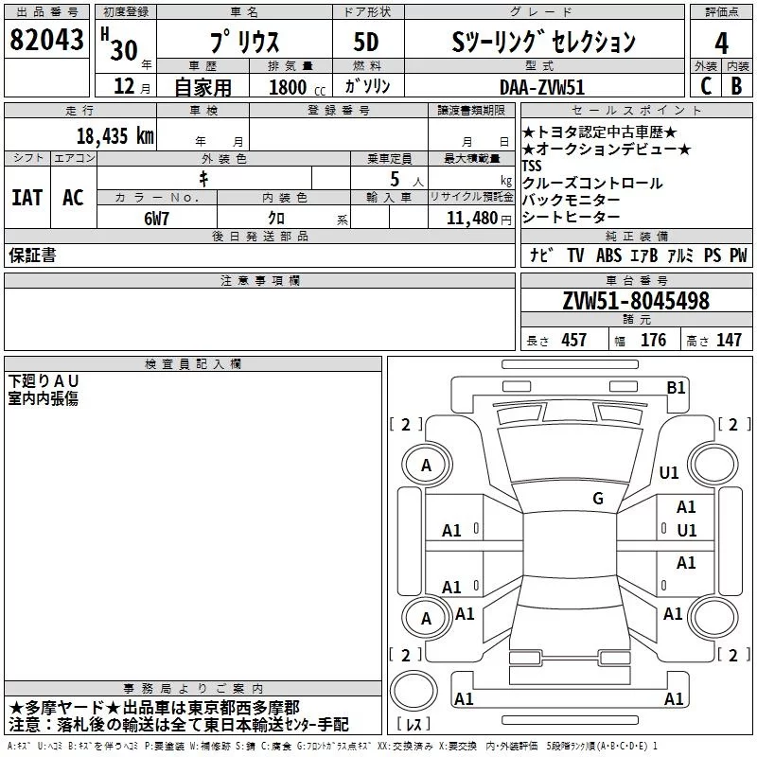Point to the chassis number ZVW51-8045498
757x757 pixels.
pos(636,302)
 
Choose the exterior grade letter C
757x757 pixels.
pos(705,86)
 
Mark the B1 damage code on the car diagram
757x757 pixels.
pos(676,386)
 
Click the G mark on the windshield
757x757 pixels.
pos(598,499)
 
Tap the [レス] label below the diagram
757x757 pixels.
pos(414,726)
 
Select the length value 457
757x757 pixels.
pos(574,340)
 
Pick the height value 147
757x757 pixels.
pos(729,340)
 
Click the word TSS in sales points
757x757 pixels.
pos(532,166)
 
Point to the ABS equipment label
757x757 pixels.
pos(608,255)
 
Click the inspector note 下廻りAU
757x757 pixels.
pos(44,380)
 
